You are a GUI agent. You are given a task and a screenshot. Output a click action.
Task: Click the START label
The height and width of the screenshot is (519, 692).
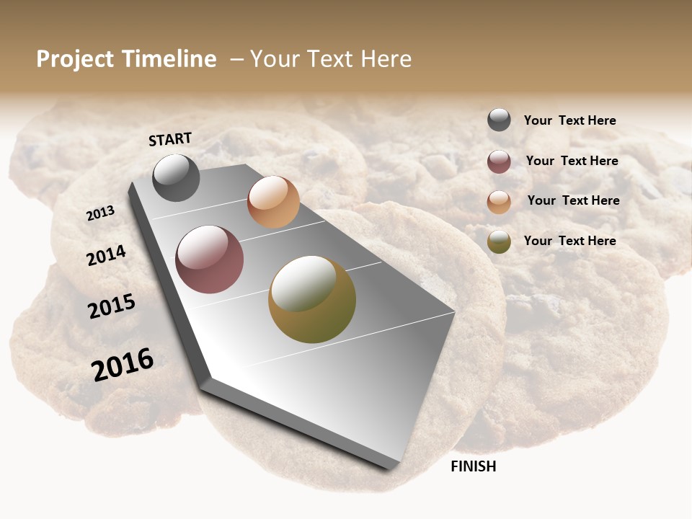pyautogui.click(x=170, y=139)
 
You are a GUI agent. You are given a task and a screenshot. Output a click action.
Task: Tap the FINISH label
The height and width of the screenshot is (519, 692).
pyautogui.click(x=473, y=466)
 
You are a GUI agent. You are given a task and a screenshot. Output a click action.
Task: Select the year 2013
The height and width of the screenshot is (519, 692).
pyautogui.click(x=100, y=213)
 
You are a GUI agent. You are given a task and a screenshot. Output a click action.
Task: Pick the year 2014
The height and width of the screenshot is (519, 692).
pyautogui.click(x=106, y=256)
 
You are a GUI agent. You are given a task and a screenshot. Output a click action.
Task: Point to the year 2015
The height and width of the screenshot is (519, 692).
pyautogui.click(x=112, y=306)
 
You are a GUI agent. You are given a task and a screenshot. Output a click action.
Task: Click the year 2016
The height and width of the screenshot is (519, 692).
pyautogui.click(x=123, y=364)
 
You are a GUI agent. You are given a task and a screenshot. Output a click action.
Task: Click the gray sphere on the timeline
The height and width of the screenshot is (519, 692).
pyautogui.click(x=176, y=177)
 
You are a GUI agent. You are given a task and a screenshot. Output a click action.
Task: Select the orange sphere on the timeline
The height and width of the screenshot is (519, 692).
pyautogui.click(x=273, y=202)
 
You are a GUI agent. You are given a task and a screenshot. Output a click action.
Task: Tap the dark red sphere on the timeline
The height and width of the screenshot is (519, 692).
pyautogui.click(x=210, y=259)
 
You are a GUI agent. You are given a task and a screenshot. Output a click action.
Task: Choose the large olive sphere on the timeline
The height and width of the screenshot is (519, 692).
pyautogui.click(x=312, y=299)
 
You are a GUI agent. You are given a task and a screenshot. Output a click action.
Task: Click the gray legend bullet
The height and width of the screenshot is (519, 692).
pyautogui.click(x=499, y=120)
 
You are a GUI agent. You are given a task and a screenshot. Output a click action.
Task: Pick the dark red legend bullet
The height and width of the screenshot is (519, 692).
pyautogui.click(x=499, y=161)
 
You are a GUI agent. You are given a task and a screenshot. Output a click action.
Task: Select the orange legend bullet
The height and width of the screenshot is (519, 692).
pyautogui.click(x=499, y=202)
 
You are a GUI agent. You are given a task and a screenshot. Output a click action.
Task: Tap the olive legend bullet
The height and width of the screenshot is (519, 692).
pyautogui.click(x=499, y=241)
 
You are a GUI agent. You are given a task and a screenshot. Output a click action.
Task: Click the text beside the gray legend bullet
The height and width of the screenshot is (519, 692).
pyautogui.click(x=569, y=120)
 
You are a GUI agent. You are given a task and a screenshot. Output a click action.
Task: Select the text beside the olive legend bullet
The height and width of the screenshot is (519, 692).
pyautogui.click(x=569, y=241)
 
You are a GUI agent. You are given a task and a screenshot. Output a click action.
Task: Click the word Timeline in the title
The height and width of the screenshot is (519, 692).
pyautogui.click(x=169, y=59)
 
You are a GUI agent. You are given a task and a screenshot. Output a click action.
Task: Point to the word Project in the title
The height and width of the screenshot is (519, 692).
pyautogui.click(x=75, y=59)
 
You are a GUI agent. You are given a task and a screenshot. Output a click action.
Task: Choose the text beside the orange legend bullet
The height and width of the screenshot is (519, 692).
pyautogui.click(x=573, y=200)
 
